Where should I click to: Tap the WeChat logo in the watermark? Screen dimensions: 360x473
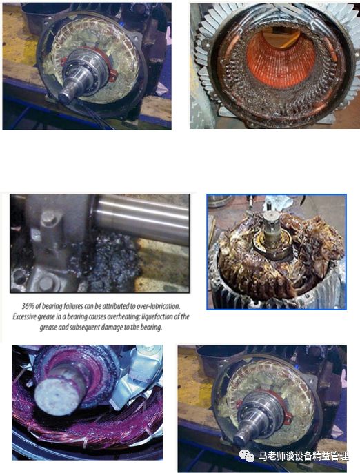pyautogui.click(x=246, y=456)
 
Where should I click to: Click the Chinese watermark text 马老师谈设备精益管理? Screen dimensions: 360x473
pyautogui.click(x=303, y=456)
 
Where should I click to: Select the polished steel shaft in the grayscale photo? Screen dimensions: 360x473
pyautogui.click(x=141, y=219)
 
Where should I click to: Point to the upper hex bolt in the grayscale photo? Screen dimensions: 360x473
pyautogui.click(x=48, y=218)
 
